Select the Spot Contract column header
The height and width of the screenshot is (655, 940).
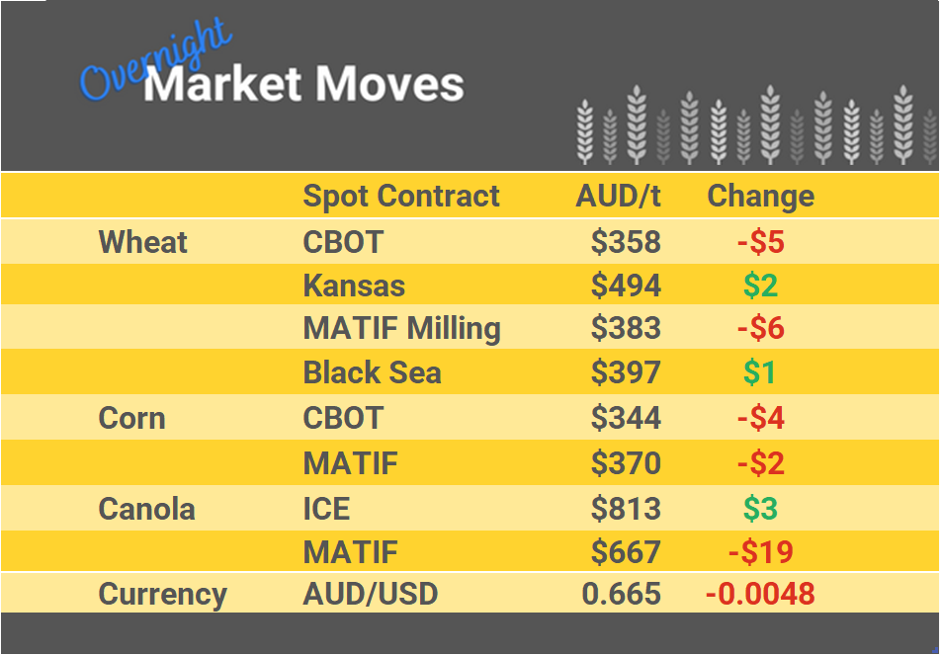pyautogui.click(x=401, y=196)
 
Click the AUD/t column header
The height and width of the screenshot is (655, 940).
pyautogui.click(x=618, y=196)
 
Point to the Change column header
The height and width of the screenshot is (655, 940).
pyautogui.click(x=760, y=196)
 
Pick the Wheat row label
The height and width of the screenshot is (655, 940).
pyautogui.click(x=143, y=242)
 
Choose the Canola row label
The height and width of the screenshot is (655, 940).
pyautogui.click(x=146, y=509)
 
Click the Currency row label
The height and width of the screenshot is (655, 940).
pyautogui.click(x=162, y=595)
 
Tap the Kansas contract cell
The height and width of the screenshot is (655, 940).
pyautogui.click(x=354, y=287)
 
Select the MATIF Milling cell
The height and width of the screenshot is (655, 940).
pyautogui.click(x=401, y=328)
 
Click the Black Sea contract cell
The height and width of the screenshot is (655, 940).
pyautogui.click(x=372, y=372)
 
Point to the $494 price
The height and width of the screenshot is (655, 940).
pyautogui.click(x=626, y=287)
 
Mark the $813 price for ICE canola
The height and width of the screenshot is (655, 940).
pyautogui.click(x=626, y=509)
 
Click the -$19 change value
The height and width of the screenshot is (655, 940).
pyautogui.click(x=760, y=551)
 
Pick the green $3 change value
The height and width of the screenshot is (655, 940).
pyautogui.click(x=760, y=509)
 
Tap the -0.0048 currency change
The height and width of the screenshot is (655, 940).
pyautogui.click(x=760, y=595)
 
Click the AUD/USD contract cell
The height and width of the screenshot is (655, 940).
pyautogui.click(x=370, y=595)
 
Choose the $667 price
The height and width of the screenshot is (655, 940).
pyautogui.click(x=626, y=551)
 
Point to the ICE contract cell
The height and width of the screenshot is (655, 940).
pyautogui.click(x=326, y=509)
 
